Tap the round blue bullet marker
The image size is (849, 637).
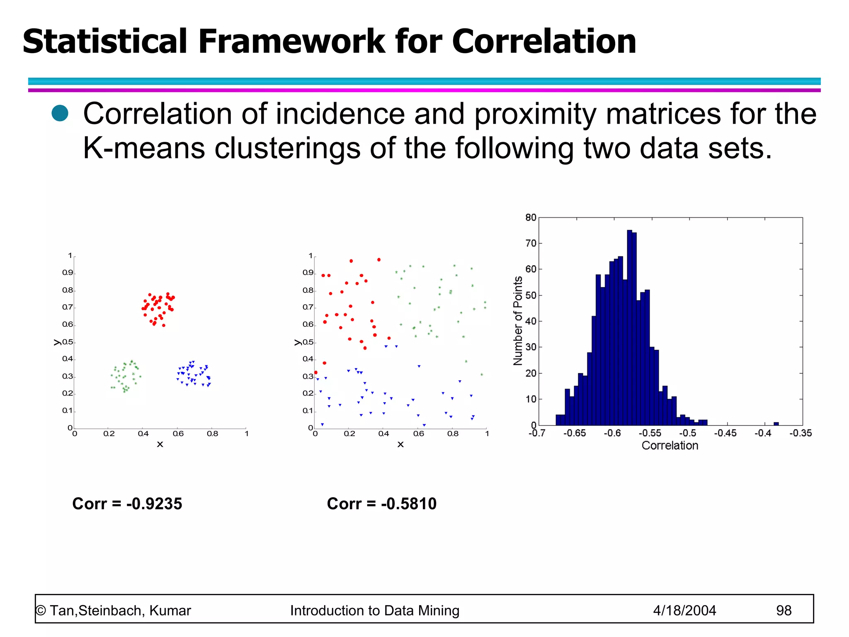point(60,113)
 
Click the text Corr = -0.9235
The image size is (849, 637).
point(127,503)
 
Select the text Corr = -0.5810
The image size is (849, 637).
point(381,503)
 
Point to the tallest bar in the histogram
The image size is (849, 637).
point(629,328)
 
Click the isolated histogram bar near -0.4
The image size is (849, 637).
point(776,423)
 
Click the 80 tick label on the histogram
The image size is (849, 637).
point(531,218)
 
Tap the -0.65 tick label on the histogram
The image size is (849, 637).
point(575,433)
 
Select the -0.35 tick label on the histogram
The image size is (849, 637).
point(800,433)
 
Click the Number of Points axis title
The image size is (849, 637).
point(518,321)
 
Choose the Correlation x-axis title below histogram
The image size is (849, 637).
point(670,446)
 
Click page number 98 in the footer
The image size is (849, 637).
point(784,610)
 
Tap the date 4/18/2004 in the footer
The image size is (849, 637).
point(684,610)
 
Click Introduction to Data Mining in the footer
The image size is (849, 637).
point(375,610)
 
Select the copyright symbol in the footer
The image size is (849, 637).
point(41,611)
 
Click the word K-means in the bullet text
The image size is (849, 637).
point(143,148)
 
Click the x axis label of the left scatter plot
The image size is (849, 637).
point(160,445)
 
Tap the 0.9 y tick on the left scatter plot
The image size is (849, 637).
point(68,273)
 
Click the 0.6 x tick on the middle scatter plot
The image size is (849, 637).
point(418,434)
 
